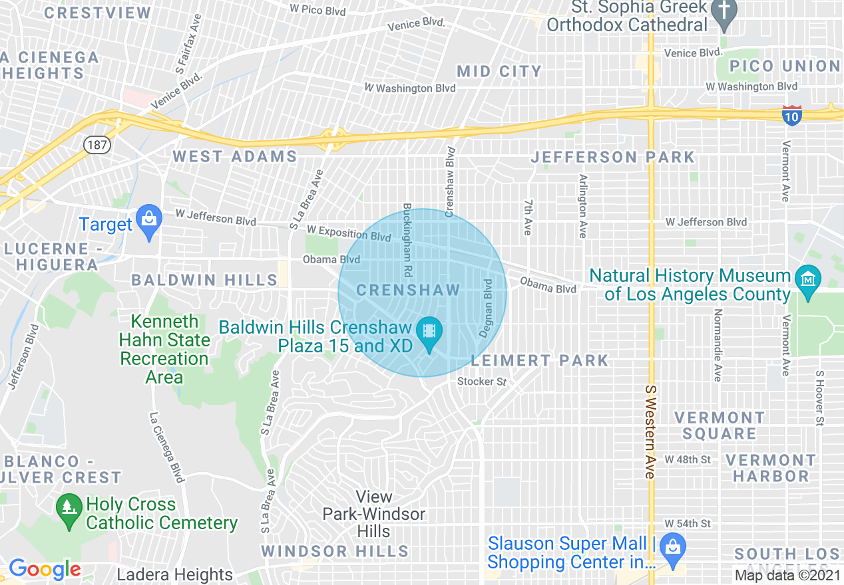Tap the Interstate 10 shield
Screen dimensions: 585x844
click(x=791, y=114)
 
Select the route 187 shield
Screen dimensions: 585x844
click(x=96, y=144)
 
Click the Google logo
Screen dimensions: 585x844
click(x=45, y=569)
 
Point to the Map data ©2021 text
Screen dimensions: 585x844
click(x=787, y=575)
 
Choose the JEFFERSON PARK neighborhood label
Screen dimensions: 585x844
click(x=612, y=158)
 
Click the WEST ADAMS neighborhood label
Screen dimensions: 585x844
click(x=235, y=157)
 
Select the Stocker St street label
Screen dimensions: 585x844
click(x=482, y=382)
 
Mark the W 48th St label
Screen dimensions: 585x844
click(x=688, y=460)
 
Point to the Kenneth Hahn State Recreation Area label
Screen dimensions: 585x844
click(x=164, y=349)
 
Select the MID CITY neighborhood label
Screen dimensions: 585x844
click(x=499, y=71)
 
